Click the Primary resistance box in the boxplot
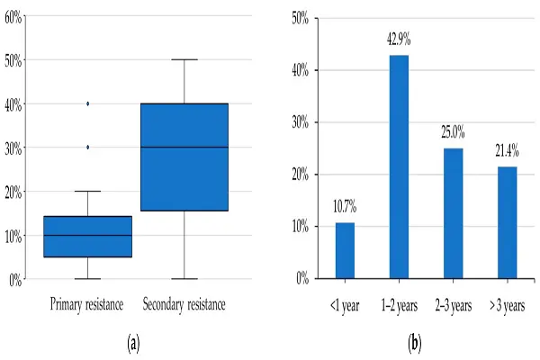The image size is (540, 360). pyautogui.click(x=87, y=237)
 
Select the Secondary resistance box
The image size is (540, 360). pyautogui.click(x=184, y=157)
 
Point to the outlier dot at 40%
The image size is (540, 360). pyautogui.click(x=87, y=103)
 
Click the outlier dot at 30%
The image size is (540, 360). pyautogui.click(x=87, y=147)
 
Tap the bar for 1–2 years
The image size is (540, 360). pyautogui.click(x=399, y=166)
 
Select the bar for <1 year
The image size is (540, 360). pyautogui.click(x=346, y=250)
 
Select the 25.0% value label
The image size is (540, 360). pyautogui.click(x=452, y=135)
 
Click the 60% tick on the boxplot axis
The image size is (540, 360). pyautogui.click(x=13, y=16)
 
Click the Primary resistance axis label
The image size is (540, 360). pyautogui.click(x=87, y=304)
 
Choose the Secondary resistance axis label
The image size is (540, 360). pyautogui.click(x=184, y=304)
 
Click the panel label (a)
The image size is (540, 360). pyautogui.click(x=134, y=342)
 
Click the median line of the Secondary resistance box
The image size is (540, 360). pyautogui.click(x=184, y=147)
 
